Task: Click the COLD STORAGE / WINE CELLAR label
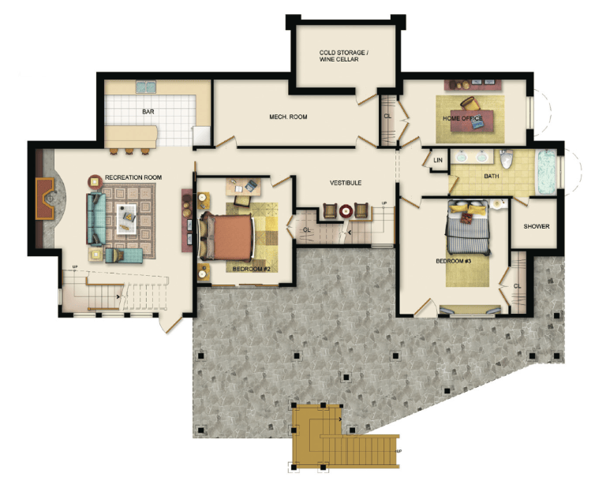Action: click(x=343, y=56)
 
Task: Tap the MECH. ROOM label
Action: click(x=288, y=117)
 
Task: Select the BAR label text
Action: click(x=148, y=112)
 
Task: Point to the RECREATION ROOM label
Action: click(x=133, y=177)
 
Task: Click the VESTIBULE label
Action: click(x=346, y=183)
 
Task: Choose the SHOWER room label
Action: click(x=537, y=226)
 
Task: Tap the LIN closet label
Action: click(x=438, y=160)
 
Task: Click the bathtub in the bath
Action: click(x=546, y=172)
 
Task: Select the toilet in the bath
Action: click(x=507, y=159)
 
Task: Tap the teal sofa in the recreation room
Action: click(x=96, y=219)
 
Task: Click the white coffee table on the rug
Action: click(x=127, y=219)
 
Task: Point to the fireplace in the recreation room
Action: click(x=45, y=199)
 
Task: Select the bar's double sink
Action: click(x=146, y=87)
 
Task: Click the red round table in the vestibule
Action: click(x=345, y=211)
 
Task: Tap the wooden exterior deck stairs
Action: click(x=344, y=438)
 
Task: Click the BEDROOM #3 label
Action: click(x=454, y=261)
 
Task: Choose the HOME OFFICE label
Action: click(x=462, y=118)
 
